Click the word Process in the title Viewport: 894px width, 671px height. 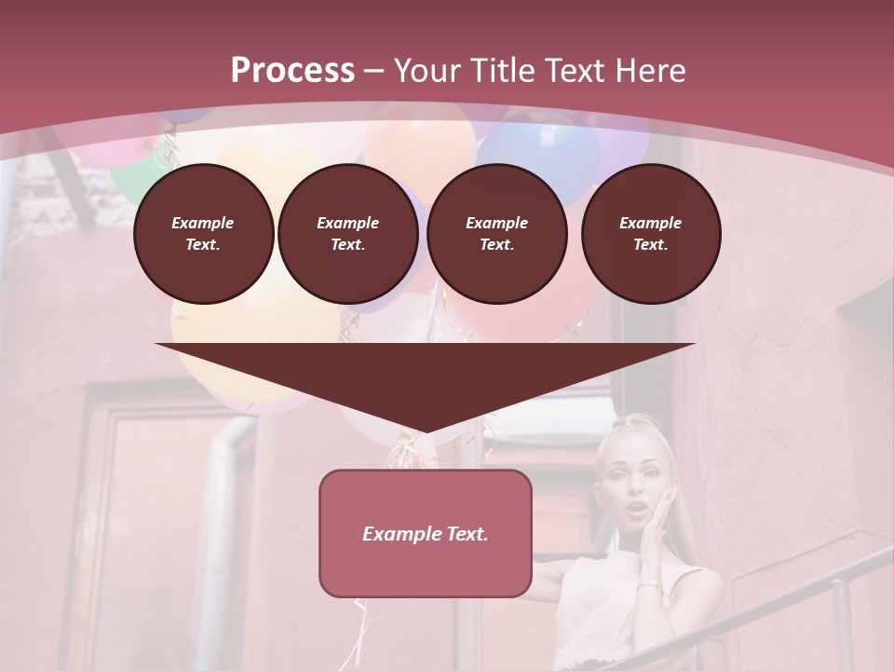(292, 71)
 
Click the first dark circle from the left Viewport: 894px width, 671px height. (203, 234)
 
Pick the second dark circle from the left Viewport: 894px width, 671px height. (347, 234)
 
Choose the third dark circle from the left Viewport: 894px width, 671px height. (496, 234)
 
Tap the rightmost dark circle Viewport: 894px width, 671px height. (650, 234)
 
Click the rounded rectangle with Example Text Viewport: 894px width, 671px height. (426, 533)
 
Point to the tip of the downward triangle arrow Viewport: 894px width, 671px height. (426, 431)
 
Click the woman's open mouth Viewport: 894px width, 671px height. (636, 509)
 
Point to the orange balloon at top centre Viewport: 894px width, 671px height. (419, 140)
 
